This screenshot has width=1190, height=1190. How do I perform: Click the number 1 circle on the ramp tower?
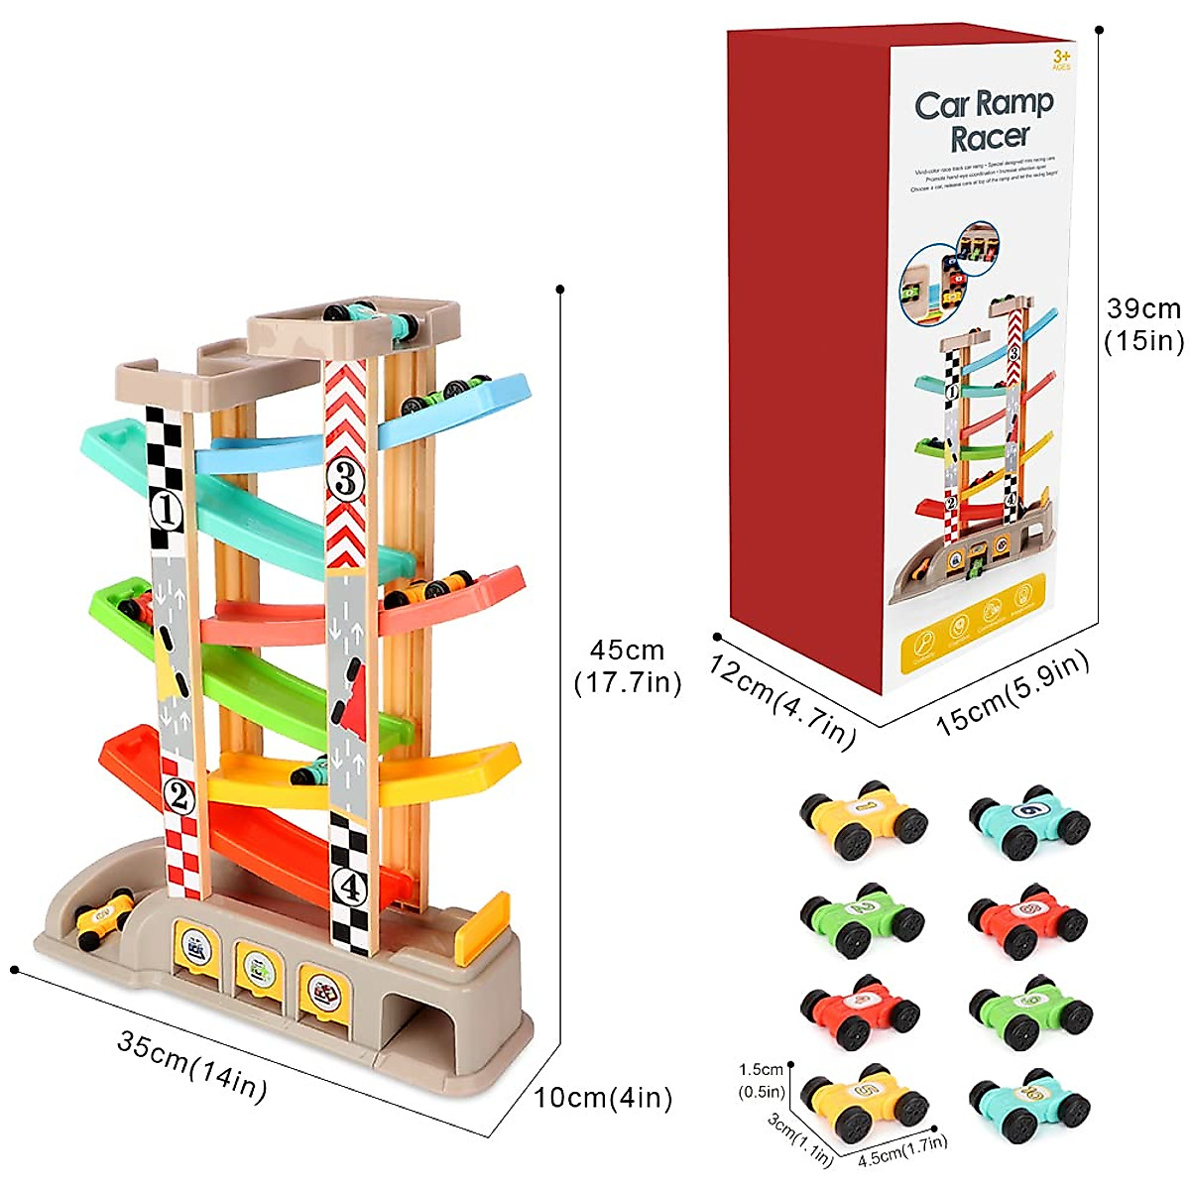[167, 511]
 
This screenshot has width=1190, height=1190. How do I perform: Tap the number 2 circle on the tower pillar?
[178, 794]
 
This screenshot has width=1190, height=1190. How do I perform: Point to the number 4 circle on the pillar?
[350, 888]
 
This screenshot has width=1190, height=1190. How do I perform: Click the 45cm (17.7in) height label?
[628, 666]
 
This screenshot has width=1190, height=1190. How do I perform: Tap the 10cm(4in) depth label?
[603, 1098]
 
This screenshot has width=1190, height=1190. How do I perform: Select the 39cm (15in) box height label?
[1144, 324]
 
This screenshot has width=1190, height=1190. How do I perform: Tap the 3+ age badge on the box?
[1062, 58]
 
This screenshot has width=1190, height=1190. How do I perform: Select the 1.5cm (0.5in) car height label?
[762, 1081]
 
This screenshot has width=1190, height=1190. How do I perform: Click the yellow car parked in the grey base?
[103, 913]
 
